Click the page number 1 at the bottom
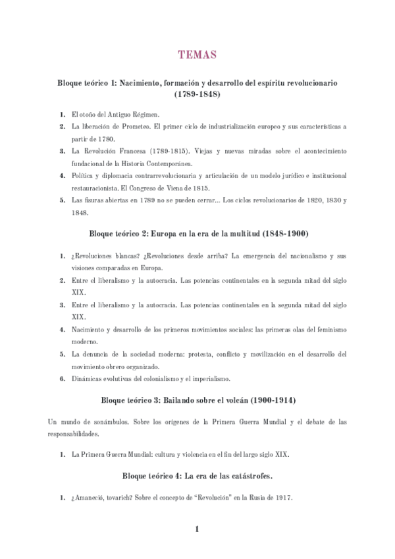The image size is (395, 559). (197, 529)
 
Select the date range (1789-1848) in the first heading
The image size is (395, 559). (197, 95)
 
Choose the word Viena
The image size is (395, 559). (176, 188)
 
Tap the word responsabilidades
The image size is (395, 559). (74, 434)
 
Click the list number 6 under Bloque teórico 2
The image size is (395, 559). (62, 378)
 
